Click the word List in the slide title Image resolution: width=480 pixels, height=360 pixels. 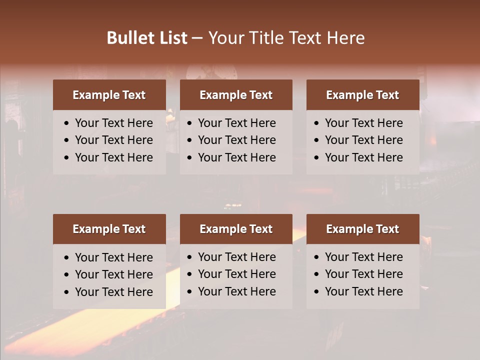(172, 38)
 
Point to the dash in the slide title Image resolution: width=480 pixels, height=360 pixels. (197, 38)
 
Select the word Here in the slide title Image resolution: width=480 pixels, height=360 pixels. (345, 38)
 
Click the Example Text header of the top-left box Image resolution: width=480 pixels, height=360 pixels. (109, 95)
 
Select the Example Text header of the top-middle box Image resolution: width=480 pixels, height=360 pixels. (236, 95)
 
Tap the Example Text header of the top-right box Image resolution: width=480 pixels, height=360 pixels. (362, 95)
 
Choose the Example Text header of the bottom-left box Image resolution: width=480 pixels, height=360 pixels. (109, 229)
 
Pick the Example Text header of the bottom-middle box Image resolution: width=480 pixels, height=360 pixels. (236, 229)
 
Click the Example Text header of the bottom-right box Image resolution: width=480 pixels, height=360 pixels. (362, 229)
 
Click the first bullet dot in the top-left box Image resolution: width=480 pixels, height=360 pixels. (67, 123)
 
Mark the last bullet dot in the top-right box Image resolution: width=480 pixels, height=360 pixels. (316, 158)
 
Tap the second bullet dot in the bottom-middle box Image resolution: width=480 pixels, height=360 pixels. (190, 274)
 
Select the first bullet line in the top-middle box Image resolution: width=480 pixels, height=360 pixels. (236, 123)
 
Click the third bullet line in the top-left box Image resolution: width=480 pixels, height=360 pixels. (113, 157)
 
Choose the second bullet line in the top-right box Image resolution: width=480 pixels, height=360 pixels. (363, 140)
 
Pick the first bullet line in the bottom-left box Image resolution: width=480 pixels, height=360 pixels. (113, 257)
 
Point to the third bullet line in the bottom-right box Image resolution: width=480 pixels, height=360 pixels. (363, 291)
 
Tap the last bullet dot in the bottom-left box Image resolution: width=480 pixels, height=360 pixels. (67, 292)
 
